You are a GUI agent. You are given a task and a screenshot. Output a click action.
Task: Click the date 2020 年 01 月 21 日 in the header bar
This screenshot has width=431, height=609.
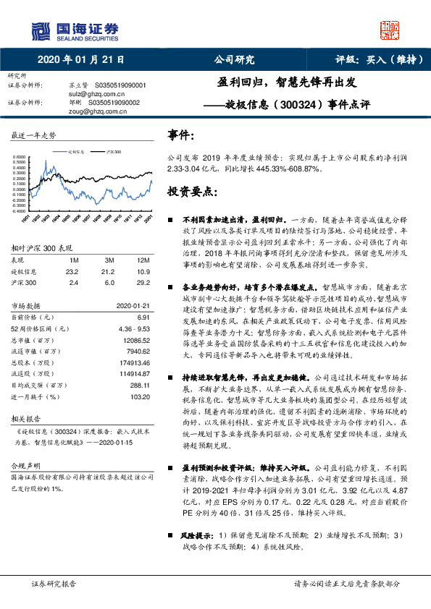coord(80,60)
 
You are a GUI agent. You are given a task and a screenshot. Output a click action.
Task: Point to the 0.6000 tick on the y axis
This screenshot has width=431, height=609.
coord(22,156)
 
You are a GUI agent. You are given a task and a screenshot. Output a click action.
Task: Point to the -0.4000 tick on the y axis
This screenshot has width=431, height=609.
coord(21,212)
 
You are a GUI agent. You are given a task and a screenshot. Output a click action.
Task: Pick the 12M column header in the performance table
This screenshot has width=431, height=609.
coord(143,260)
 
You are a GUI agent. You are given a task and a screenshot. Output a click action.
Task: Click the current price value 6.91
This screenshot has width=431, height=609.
coord(143,318)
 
